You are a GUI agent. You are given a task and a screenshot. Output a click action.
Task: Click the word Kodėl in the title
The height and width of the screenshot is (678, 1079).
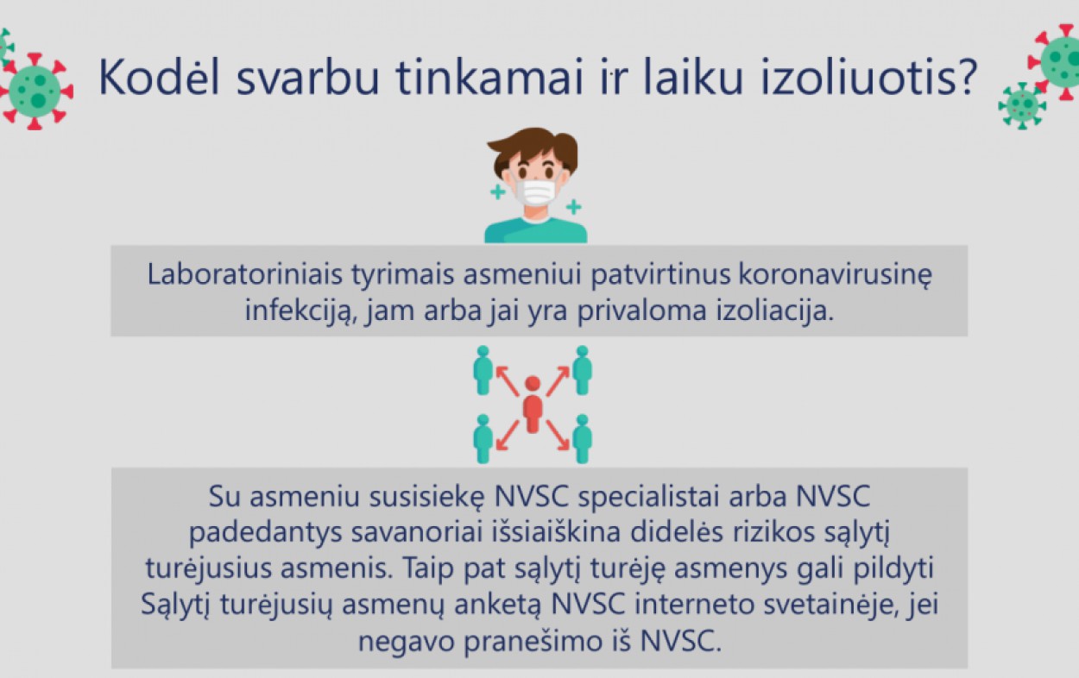click(159, 77)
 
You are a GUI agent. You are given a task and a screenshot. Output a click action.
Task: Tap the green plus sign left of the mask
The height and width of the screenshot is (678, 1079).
click(497, 192)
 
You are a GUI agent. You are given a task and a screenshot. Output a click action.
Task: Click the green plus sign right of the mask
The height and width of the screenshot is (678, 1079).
click(573, 207)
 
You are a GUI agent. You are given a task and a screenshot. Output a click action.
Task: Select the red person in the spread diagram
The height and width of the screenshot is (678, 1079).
click(533, 405)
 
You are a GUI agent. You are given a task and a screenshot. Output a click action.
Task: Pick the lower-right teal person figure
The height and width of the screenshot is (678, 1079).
click(582, 439)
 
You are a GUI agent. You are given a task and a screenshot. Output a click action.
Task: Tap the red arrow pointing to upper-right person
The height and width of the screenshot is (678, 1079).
click(558, 381)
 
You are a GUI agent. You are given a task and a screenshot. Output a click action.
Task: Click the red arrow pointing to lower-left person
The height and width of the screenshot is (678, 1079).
click(508, 436)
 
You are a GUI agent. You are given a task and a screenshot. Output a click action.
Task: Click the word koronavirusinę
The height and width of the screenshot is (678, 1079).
click(836, 276)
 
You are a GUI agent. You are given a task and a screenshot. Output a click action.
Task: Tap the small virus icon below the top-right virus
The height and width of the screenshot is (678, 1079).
click(1022, 105)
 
